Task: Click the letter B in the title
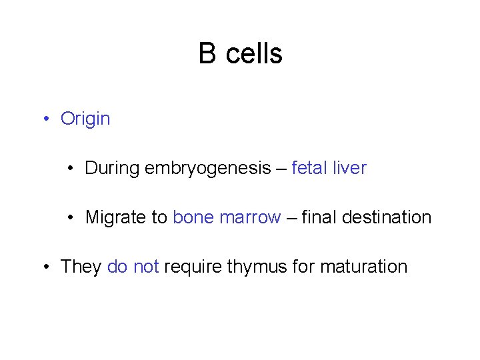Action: pos(207,54)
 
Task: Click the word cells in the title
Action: pos(254,54)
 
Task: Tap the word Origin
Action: pos(85,119)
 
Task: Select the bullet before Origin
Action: pos(45,119)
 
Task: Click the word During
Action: pos(112,169)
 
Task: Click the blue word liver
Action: pos(349,168)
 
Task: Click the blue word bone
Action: pos(193,217)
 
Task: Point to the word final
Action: pos(319,217)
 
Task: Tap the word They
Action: pos(81,267)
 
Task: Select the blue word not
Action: pos(146,267)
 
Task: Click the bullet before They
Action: pos(45,267)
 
